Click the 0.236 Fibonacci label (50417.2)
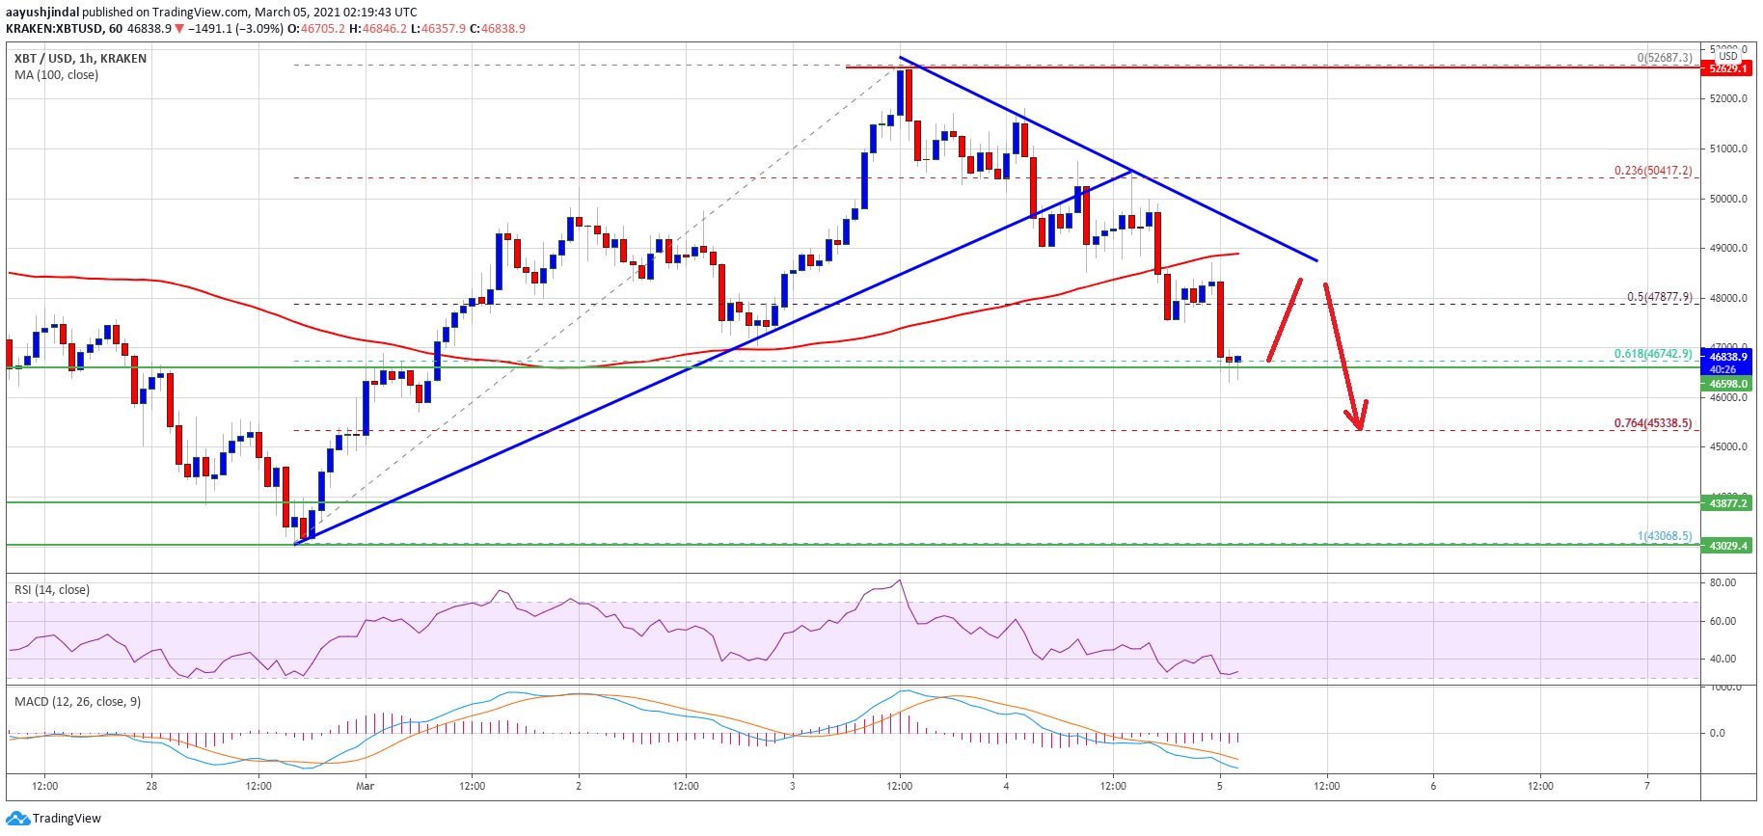tap(1652, 171)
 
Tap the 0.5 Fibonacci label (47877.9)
tap(1659, 297)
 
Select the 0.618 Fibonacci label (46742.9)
tap(1652, 354)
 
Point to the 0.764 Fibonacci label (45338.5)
tap(1652, 423)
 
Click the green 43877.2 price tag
tap(1727, 503)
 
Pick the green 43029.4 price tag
tap(1727, 546)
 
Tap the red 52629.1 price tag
tap(1727, 68)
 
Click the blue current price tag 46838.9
tap(1727, 357)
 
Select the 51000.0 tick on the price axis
tap(1727, 148)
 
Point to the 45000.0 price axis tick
tap(1727, 446)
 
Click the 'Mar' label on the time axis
tap(365, 786)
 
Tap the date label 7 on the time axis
tap(1646, 786)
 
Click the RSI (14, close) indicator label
tap(52, 590)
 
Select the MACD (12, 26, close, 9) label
tap(77, 702)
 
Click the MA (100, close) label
tap(56, 75)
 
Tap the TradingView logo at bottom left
tap(54, 819)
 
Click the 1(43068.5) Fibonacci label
tap(1664, 536)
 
